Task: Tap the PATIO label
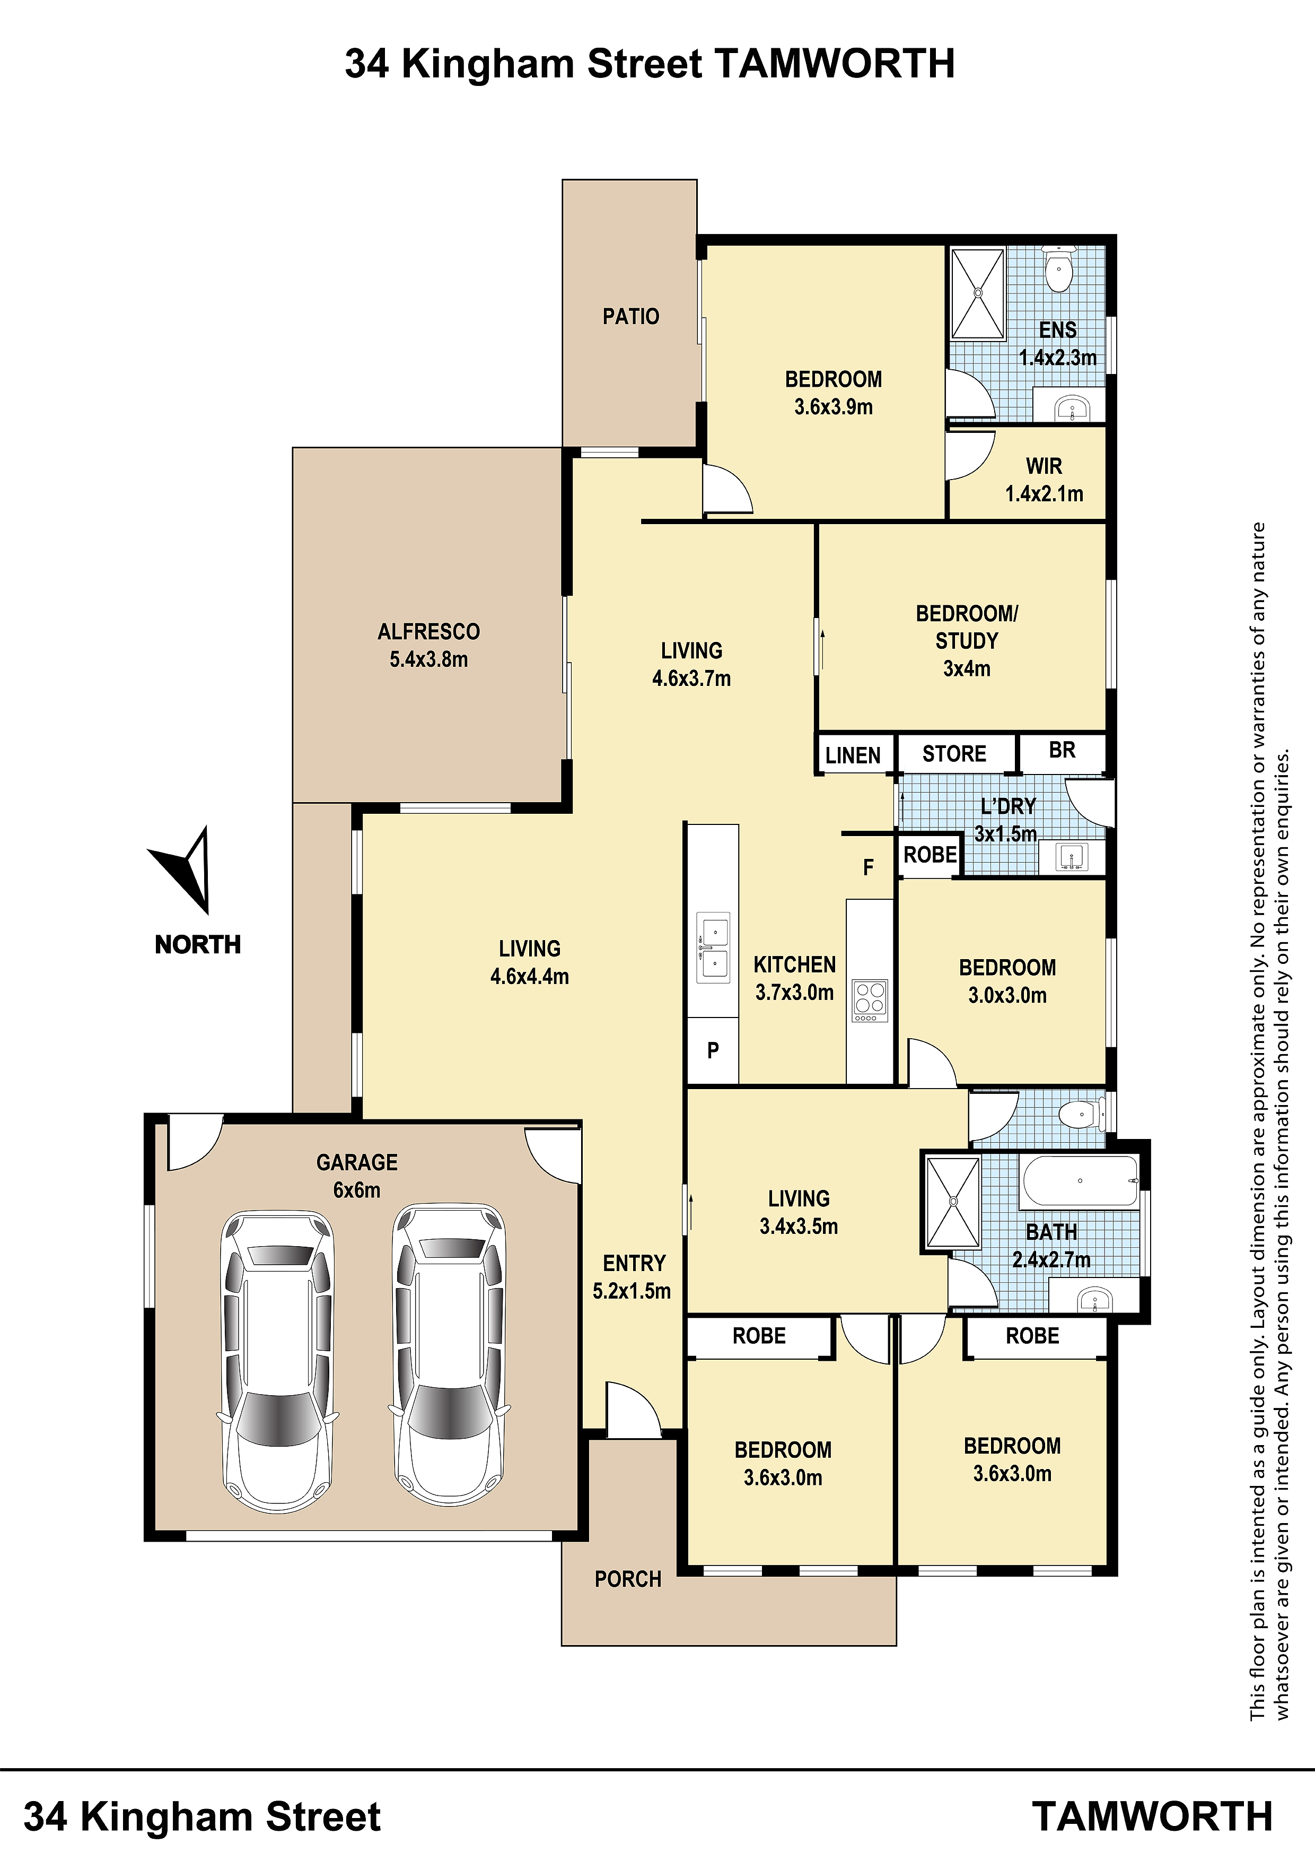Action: pos(630,316)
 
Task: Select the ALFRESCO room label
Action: pos(428,631)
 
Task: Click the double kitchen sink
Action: pos(714,947)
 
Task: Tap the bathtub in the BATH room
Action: pos(1080,1181)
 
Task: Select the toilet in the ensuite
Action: pos(1058,268)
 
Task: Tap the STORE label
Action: pos(954,754)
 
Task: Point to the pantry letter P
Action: pos(713,1050)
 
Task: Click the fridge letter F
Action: pos(868,868)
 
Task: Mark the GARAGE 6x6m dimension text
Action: pos(356,1190)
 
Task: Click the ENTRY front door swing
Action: pos(633,1411)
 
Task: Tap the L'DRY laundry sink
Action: pos(1072,857)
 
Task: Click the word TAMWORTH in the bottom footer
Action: pos(1152,1817)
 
